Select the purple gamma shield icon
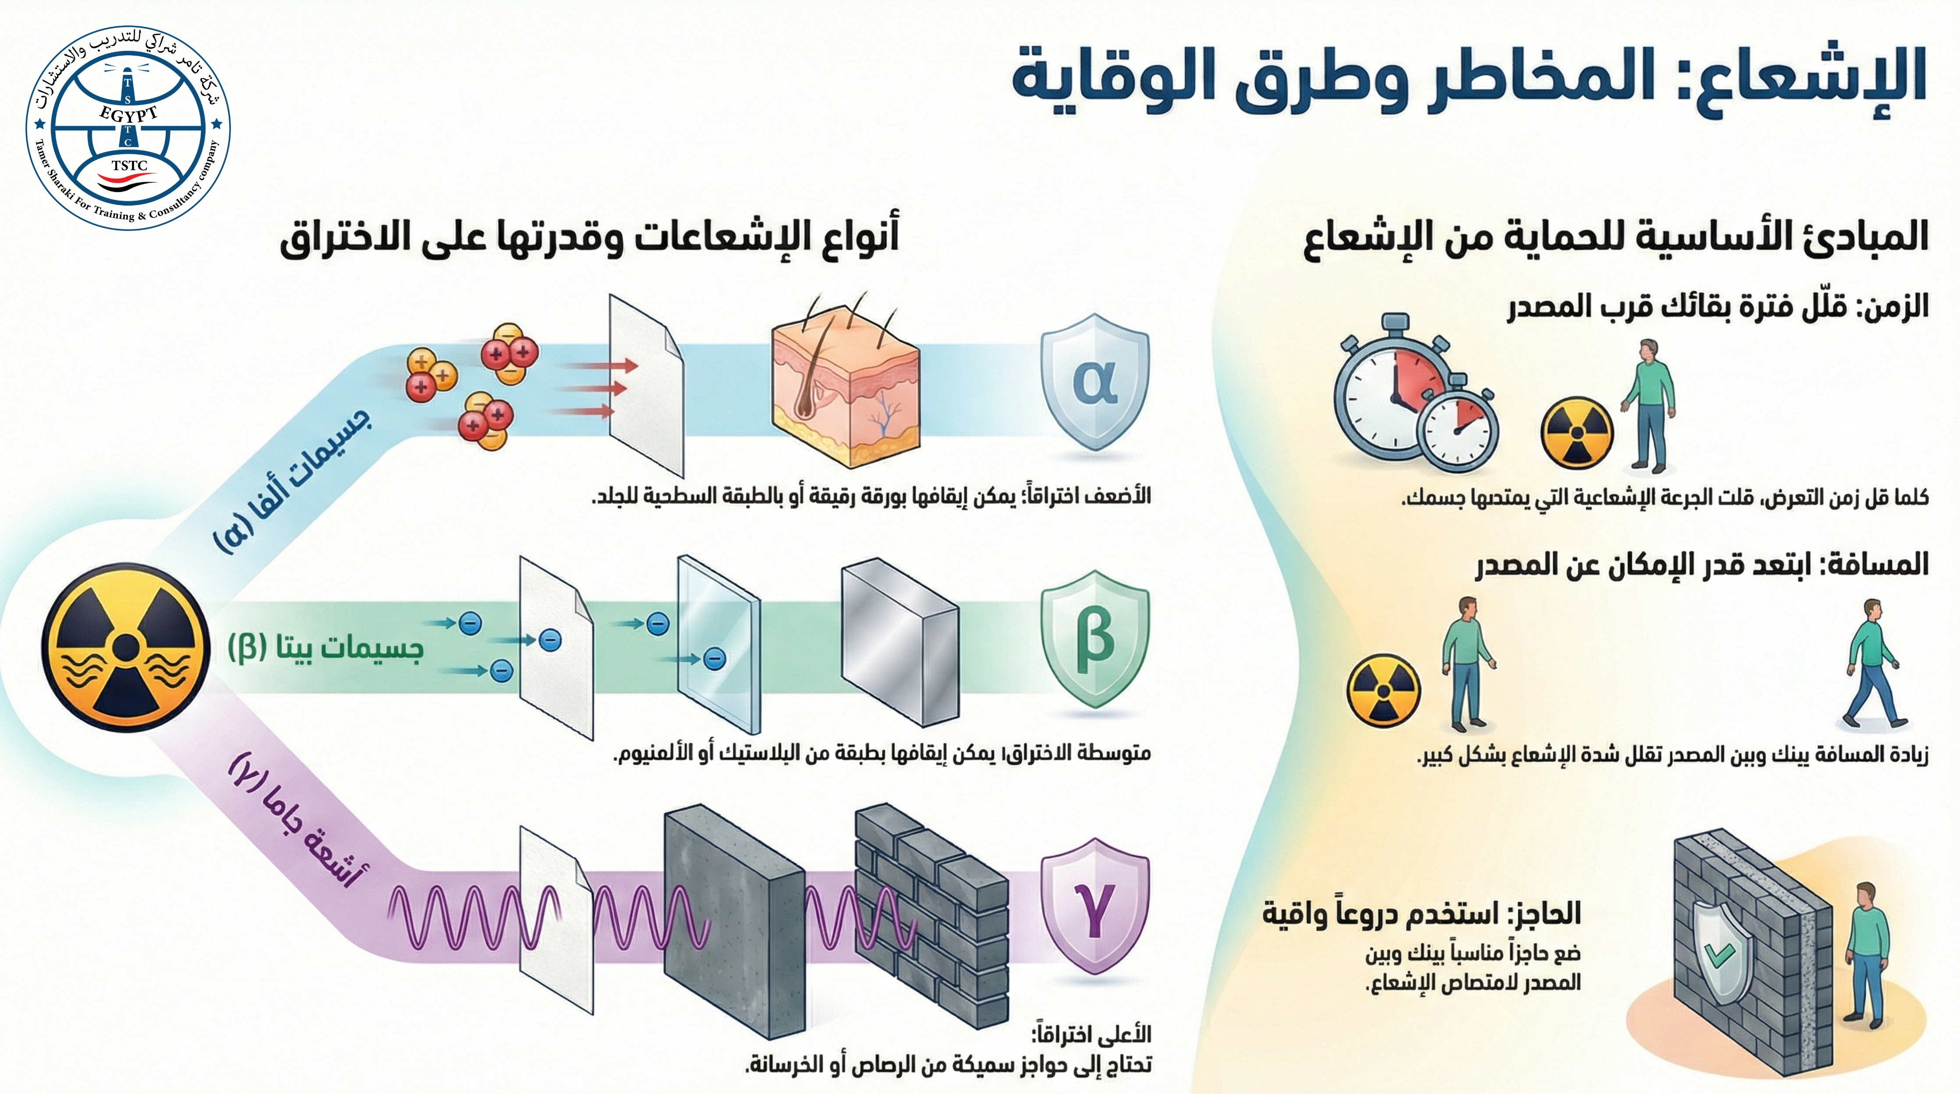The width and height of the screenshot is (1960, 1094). point(1094,906)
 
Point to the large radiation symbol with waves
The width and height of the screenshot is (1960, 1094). point(125,646)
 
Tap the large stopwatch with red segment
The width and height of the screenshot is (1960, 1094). point(1392,396)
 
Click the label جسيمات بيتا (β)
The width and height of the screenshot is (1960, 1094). point(326,648)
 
